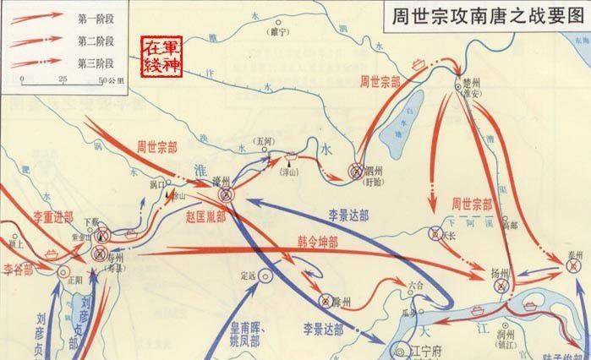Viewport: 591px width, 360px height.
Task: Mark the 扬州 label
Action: [x=501, y=273]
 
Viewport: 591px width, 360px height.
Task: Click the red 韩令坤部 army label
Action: [x=318, y=239]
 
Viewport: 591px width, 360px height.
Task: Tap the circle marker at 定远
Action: [x=266, y=273]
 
